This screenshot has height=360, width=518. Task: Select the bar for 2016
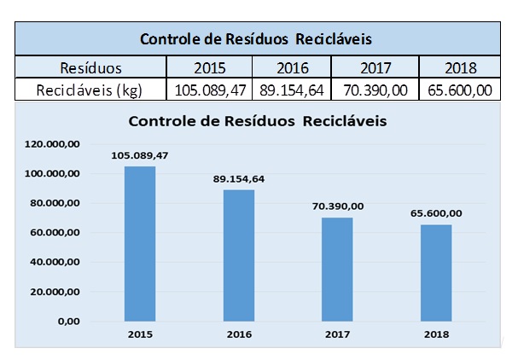click(x=239, y=255)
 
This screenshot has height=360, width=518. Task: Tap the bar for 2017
click(x=337, y=269)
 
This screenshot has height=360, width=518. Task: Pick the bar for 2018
click(x=436, y=272)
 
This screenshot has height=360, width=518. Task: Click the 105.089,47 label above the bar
click(x=140, y=155)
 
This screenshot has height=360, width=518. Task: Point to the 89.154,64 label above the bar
click(x=239, y=179)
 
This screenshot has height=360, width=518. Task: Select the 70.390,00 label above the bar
click(x=338, y=206)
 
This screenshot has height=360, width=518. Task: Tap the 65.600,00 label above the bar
click(x=436, y=213)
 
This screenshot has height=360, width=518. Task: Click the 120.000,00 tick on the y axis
click(x=56, y=145)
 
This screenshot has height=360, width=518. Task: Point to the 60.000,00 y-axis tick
click(x=56, y=233)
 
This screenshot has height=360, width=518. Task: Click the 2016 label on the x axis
click(x=239, y=334)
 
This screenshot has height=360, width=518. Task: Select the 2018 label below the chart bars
click(x=436, y=334)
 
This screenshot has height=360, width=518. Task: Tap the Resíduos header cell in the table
click(x=90, y=67)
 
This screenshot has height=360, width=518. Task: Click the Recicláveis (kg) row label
click(x=90, y=90)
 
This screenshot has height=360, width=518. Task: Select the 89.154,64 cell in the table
click(x=291, y=90)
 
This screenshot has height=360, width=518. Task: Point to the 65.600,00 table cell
click(x=458, y=90)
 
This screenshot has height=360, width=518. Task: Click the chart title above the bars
click(x=258, y=121)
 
